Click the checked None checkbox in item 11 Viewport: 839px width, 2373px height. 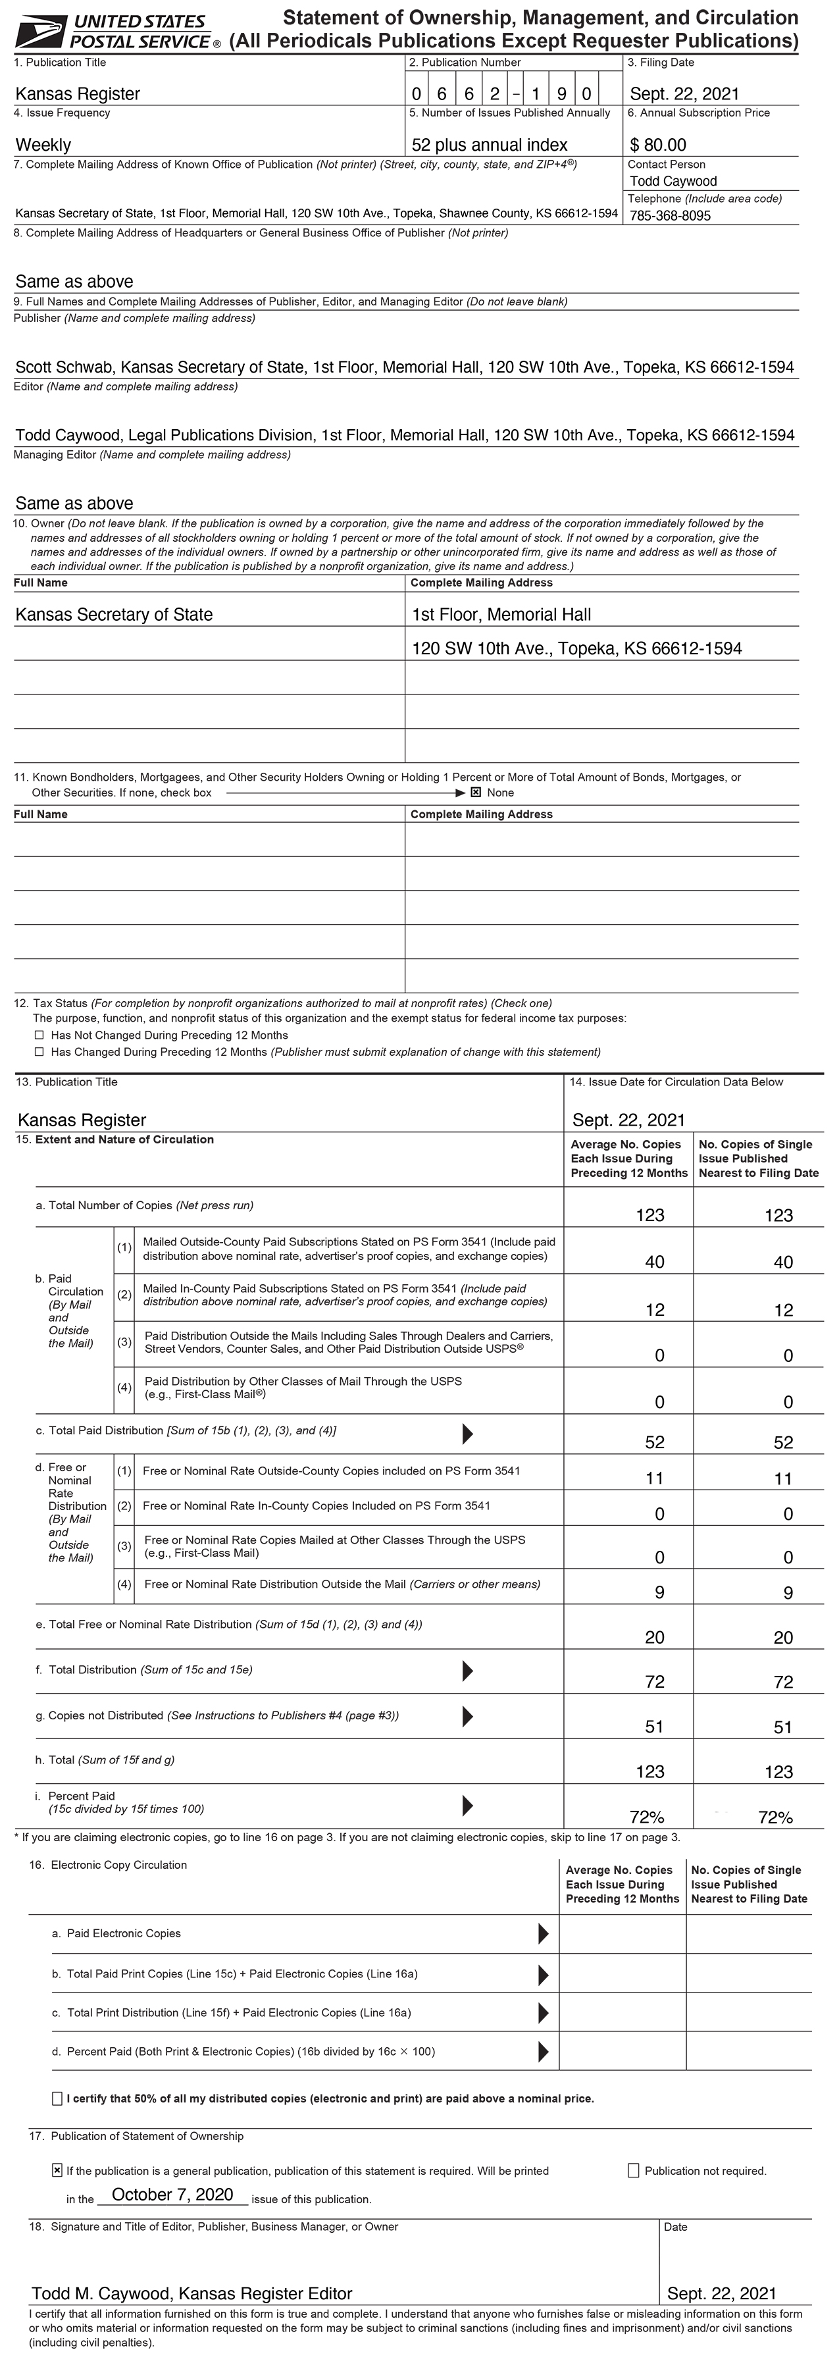click(476, 793)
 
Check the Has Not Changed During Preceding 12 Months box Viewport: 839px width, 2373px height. click(39, 1035)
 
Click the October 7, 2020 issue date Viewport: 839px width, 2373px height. click(172, 2195)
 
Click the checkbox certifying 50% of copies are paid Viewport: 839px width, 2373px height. click(57, 2099)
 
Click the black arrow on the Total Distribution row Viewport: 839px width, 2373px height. click(467, 1670)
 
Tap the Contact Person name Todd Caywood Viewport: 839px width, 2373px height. click(673, 182)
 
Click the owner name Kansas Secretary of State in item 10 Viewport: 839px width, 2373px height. click(114, 614)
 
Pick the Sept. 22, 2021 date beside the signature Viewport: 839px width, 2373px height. click(721, 2294)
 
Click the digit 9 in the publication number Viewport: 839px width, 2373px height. click(562, 94)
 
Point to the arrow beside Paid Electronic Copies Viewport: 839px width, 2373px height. click(544, 1933)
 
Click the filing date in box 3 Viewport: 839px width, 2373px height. click(684, 94)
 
